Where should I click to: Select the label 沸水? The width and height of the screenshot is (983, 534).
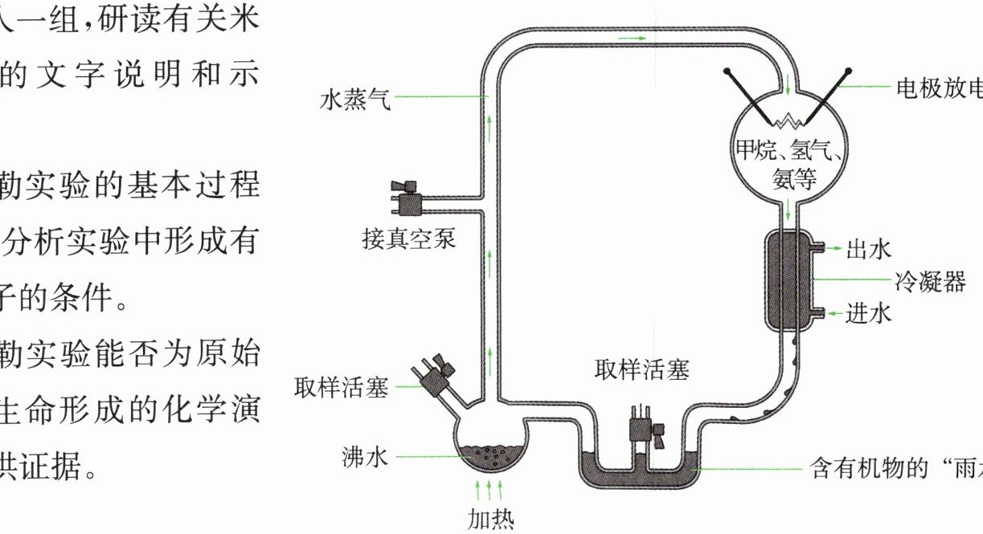(x=366, y=458)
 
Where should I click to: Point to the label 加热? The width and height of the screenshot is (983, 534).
(x=489, y=518)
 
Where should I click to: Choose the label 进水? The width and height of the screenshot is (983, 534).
(x=869, y=313)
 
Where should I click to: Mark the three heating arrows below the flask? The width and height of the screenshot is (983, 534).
(x=489, y=489)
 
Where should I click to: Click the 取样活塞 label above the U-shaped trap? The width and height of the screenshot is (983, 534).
(x=642, y=371)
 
